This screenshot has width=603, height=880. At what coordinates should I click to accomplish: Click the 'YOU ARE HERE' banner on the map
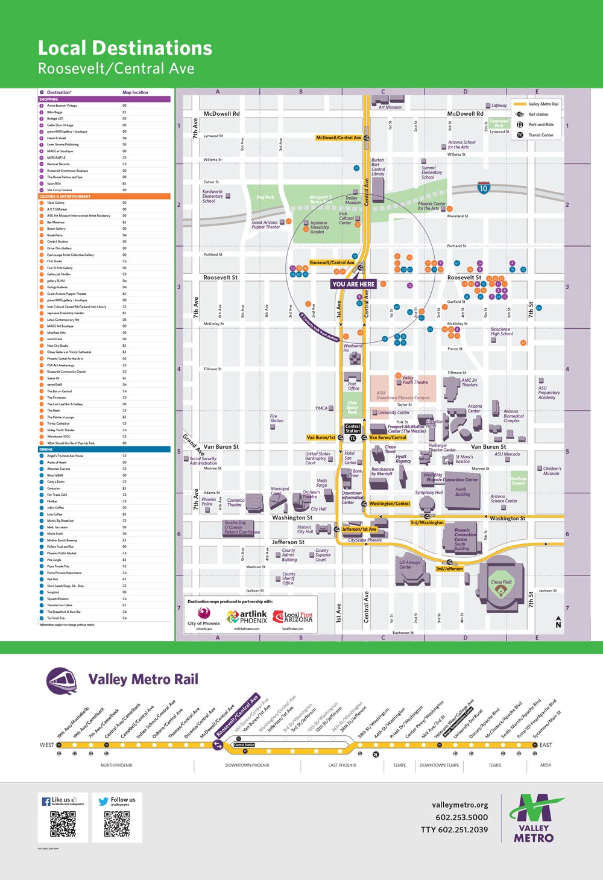[353, 284]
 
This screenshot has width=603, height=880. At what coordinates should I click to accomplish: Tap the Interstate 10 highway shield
[483, 188]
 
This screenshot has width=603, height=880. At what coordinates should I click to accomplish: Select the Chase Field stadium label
[500, 583]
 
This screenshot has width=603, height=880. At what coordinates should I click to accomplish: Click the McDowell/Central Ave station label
[338, 138]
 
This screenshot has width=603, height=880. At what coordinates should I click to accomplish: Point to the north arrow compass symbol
[558, 622]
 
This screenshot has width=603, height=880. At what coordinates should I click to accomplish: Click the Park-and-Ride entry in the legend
[540, 124]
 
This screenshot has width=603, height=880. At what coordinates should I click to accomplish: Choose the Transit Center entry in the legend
[540, 135]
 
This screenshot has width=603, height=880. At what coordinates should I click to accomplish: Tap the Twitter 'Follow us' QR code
[117, 824]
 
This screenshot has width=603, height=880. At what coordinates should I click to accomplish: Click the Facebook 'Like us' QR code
[63, 824]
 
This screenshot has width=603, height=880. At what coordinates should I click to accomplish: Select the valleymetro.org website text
[459, 805]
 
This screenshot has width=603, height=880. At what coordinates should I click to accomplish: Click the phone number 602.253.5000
[461, 817]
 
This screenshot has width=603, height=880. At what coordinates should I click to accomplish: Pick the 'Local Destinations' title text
[125, 48]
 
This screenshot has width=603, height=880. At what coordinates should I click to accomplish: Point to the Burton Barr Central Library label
[378, 167]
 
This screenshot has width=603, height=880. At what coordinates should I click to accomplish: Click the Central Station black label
[353, 429]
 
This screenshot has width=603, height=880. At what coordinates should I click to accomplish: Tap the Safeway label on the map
[499, 106]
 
